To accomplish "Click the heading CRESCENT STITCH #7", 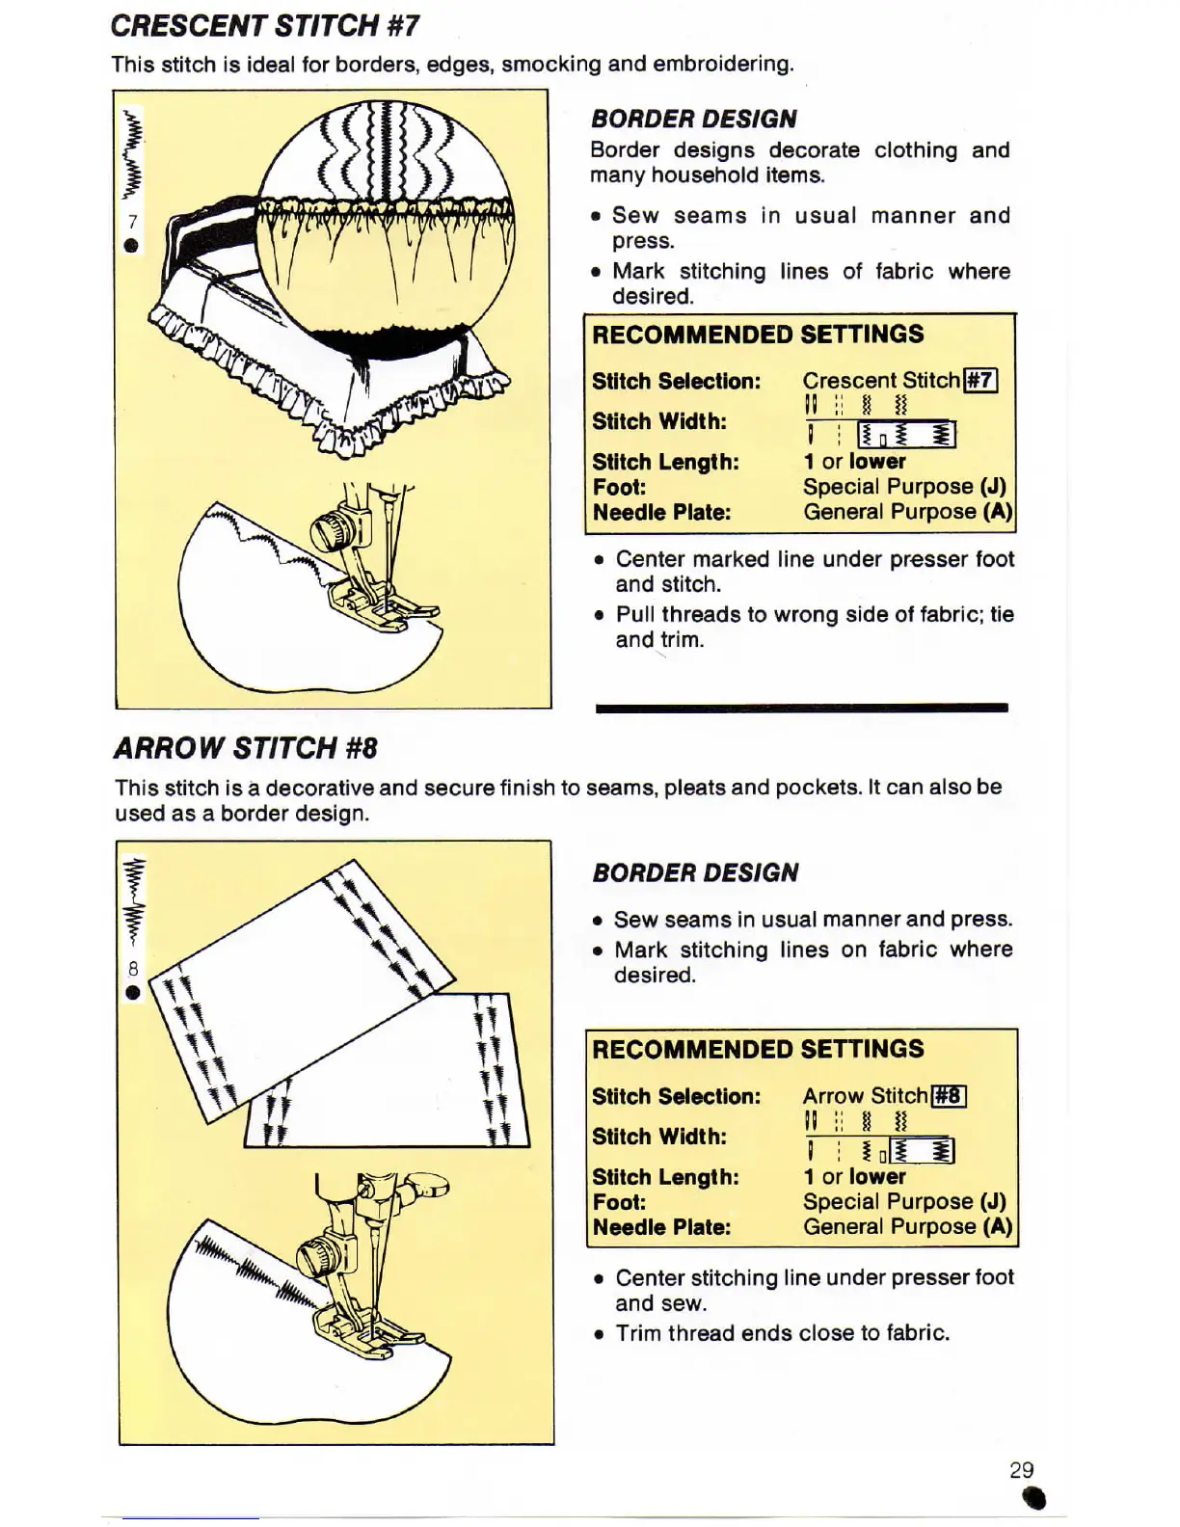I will (x=264, y=25).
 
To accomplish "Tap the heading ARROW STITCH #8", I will (x=245, y=748).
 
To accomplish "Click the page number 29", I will (x=1021, y=1470).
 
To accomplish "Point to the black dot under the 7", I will (x=131, y=245).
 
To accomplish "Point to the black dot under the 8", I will (x=132, y=992).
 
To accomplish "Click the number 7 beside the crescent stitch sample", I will (x=132, y=222).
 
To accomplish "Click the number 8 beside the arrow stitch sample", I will (x=133, y=968).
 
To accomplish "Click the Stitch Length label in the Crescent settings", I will (x=665, y=462).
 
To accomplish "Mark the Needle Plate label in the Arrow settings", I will (x=661, y=1227).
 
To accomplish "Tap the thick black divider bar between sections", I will (x=801, y=708).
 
